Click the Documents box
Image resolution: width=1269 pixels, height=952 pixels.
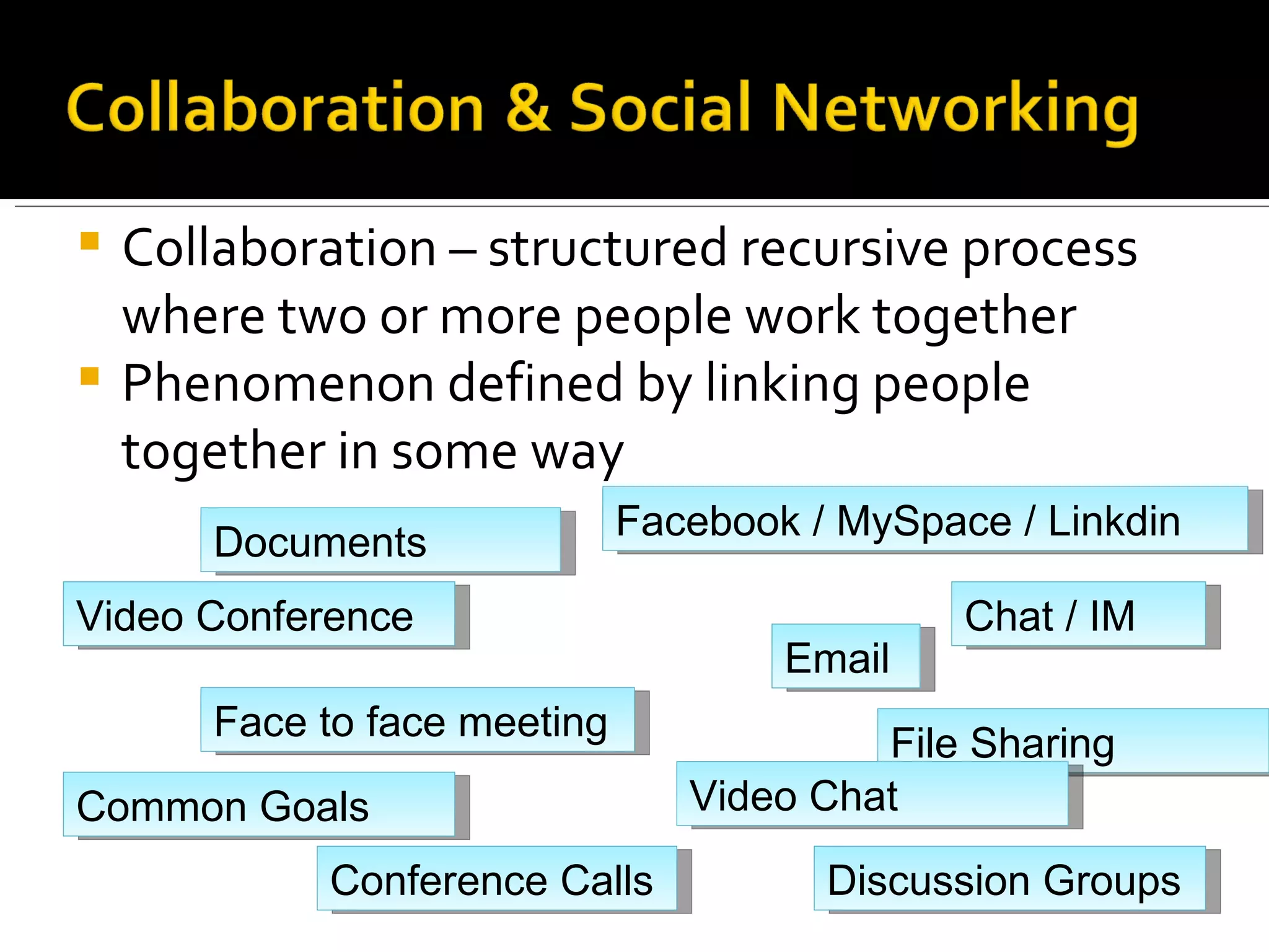(380, 540)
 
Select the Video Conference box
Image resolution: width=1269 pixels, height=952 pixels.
(259, 614)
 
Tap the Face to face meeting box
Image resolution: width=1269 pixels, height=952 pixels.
(417, 720)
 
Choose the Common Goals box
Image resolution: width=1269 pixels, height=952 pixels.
(259, 804)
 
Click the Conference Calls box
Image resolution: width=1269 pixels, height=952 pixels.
(496, 878)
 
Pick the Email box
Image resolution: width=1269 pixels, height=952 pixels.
(845, 656)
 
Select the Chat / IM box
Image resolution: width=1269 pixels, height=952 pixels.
(1078, 614)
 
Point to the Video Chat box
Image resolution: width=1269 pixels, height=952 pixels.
(872, 794)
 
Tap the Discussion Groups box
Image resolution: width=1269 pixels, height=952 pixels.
(1009, 878)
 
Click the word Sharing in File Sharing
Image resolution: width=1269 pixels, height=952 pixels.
(1042, 742)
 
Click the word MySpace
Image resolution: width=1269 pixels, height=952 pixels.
(924, 521)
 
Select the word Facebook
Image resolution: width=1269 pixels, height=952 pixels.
(708, 521)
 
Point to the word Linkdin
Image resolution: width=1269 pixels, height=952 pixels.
(1113, 521)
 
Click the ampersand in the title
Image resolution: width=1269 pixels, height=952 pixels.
(528, 108)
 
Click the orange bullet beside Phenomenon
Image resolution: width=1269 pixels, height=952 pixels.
(90, 376)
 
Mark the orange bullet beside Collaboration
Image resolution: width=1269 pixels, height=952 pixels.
(90, 240)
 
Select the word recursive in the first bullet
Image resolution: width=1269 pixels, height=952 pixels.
(844, 249)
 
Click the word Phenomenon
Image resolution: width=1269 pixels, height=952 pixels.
(278, 384)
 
